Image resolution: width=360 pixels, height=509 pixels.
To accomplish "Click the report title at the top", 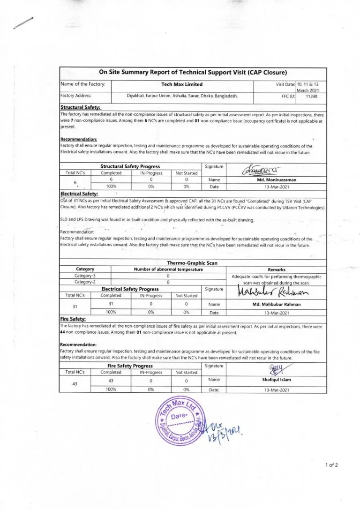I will pyautogui.click(x=193, y=72).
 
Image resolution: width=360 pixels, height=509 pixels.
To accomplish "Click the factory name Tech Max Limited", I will pyautogui.click(x=182, y=84).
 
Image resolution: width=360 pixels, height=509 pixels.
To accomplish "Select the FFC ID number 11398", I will pyautogui.click(x=311, y=95).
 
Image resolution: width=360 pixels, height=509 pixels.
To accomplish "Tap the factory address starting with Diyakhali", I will pyautogui.click(x=182, y=95).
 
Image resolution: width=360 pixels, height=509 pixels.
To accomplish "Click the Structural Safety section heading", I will pyautogui.click(x=77, y=107).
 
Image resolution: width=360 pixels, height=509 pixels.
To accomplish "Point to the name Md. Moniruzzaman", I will pyautogui.click(x=276, y=179).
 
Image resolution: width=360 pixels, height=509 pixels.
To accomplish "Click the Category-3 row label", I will pyautogui.click(x=85, y=276).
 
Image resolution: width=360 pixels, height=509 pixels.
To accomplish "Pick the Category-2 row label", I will pyautogui.click(x=85, y=282).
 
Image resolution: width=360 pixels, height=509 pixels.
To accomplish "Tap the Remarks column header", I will pyautogui.click(x=276, y=269).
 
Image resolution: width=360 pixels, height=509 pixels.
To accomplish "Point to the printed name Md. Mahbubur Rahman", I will pyautogui.click(x=276, y=304).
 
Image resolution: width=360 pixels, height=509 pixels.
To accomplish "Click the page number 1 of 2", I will pyautogui.click(x=331, y=465).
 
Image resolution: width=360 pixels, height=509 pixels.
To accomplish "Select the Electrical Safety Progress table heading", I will pyautogui.click(x=130, y=289).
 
